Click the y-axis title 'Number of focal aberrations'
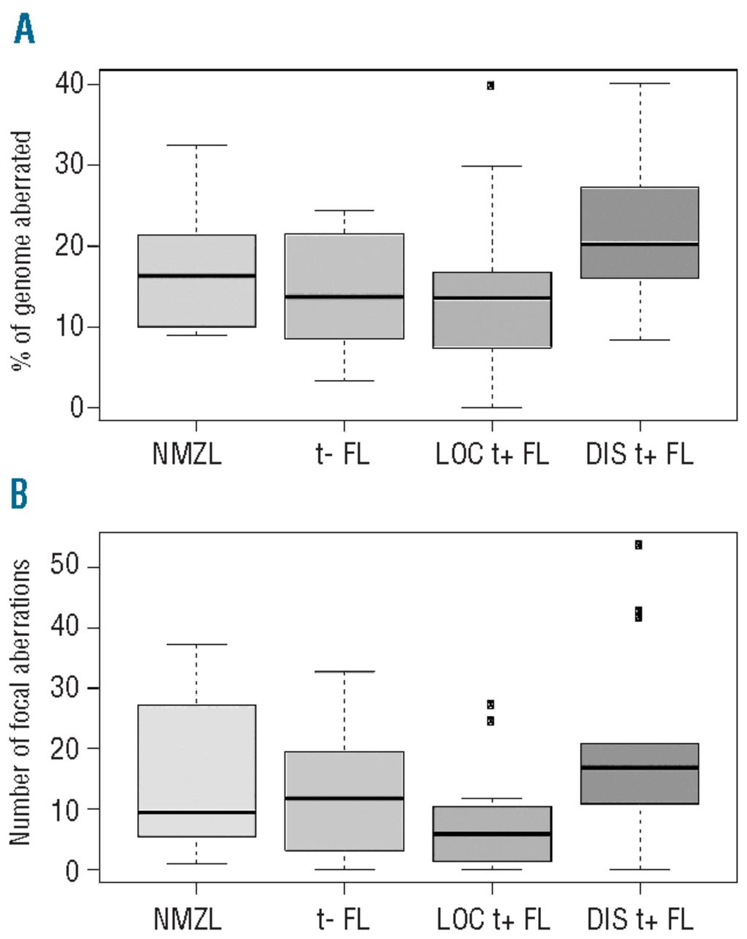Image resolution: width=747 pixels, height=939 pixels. coord(21,702)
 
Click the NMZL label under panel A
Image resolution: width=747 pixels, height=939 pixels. coord(187,454)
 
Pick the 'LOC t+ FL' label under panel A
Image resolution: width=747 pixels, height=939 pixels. coord(492,454)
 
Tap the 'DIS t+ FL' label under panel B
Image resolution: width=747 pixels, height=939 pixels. coord(640,918)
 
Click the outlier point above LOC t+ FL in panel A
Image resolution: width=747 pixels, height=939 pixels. coord(490,85)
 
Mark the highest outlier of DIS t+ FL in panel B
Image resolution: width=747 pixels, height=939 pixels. coord(639,544)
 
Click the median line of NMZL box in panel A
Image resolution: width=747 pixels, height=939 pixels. coord(196,276)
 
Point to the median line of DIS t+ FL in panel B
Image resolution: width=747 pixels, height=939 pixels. coord(640,767)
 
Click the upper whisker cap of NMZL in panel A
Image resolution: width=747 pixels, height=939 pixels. coord(196,145)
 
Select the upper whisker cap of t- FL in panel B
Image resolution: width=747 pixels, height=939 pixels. coord(344,671)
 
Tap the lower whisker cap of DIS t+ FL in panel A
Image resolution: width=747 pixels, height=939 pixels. coord(640,340)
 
